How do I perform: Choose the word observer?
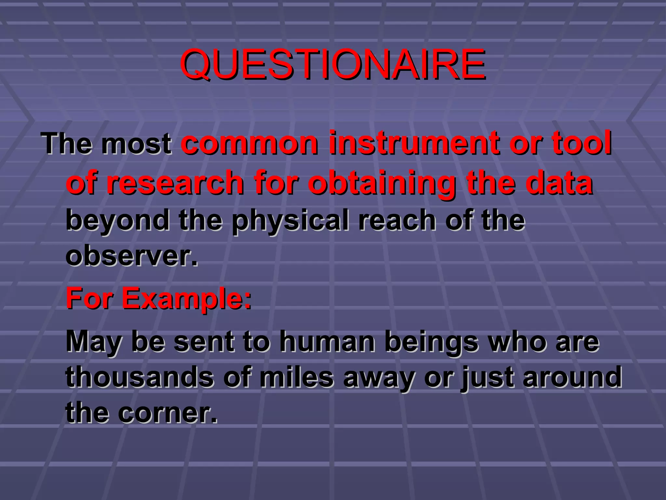131,256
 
